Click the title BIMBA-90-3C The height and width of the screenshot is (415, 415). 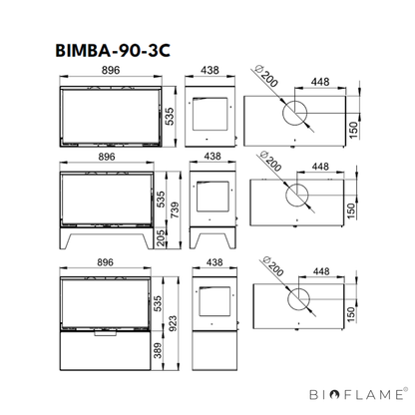pos(113,51)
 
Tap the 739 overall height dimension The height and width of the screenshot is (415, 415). pos(175,209)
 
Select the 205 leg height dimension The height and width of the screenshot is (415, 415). pos(162,237)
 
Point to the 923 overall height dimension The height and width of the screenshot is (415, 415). pos(173,323)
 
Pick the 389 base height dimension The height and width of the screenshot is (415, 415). pos(158,351)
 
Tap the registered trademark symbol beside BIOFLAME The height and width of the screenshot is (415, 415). pos(405,389)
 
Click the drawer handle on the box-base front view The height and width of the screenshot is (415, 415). pos(105,333)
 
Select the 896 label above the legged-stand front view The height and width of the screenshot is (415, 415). pos(107,157)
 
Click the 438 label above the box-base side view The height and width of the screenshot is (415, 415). pos(214,262)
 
